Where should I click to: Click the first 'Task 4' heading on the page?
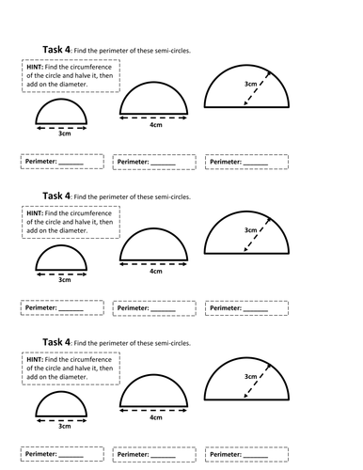[56, 50]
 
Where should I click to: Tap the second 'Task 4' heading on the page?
[56, 196]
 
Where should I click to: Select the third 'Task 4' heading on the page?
[56, 342]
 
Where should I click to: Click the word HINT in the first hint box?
[35, 67]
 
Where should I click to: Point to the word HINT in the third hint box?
[35, 360]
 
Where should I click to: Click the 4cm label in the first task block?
[156, 125]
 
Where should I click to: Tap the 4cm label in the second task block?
[156, 272]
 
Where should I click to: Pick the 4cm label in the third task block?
[156, 417]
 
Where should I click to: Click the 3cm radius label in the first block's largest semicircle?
[250, 84]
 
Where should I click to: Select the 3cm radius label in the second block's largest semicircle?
[250, 230]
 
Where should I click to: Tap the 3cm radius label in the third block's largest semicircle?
[250, 377]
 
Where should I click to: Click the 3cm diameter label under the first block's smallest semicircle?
[65, 133]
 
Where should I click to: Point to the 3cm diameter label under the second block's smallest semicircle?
[65, 280]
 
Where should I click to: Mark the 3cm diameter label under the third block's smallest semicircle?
[65, 427]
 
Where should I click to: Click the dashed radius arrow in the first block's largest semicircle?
[257, 88]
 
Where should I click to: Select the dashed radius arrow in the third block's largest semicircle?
[257, 381]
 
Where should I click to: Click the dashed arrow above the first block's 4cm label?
[153, 118]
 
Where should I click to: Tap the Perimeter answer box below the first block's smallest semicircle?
[62, 162]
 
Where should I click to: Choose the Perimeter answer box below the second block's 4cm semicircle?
[154, 308]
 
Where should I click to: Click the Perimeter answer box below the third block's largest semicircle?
[246, 455]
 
